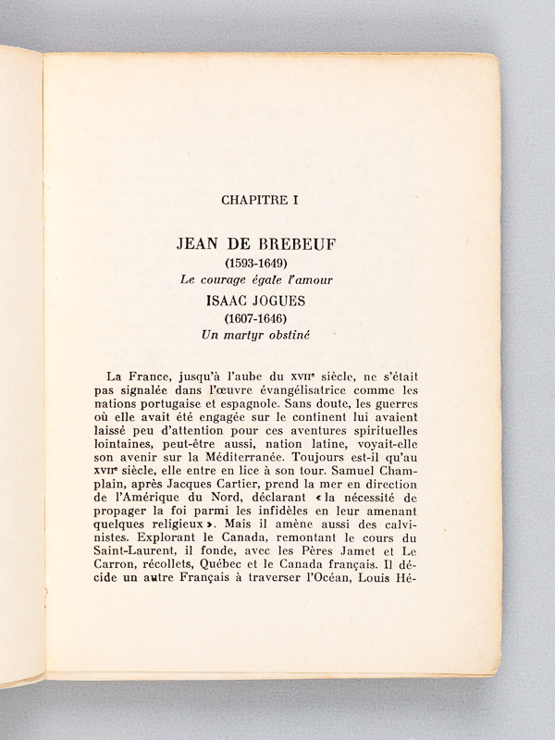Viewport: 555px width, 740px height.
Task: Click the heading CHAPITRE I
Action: tap(272, 198)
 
